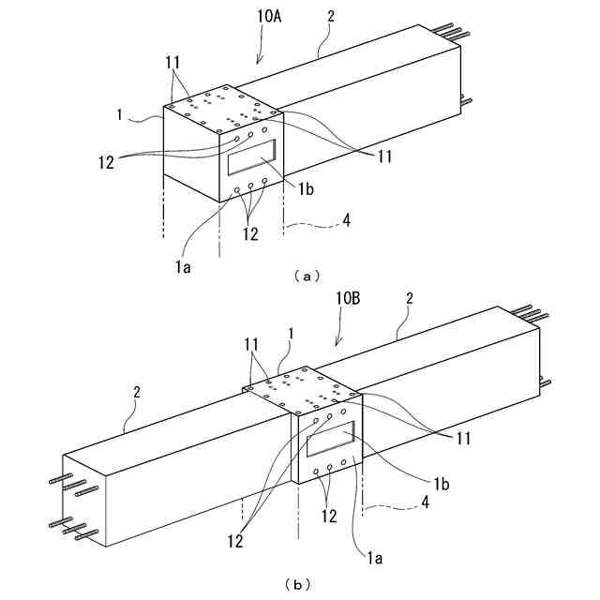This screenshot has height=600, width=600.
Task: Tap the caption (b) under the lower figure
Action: coord(298,584)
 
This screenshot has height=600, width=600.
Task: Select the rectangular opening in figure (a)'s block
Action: coord(252,156)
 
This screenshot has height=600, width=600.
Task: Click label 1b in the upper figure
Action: coord(307,189)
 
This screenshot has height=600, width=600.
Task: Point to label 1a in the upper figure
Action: coord(185,267)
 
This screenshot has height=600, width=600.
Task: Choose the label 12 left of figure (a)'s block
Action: coord(104,160)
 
